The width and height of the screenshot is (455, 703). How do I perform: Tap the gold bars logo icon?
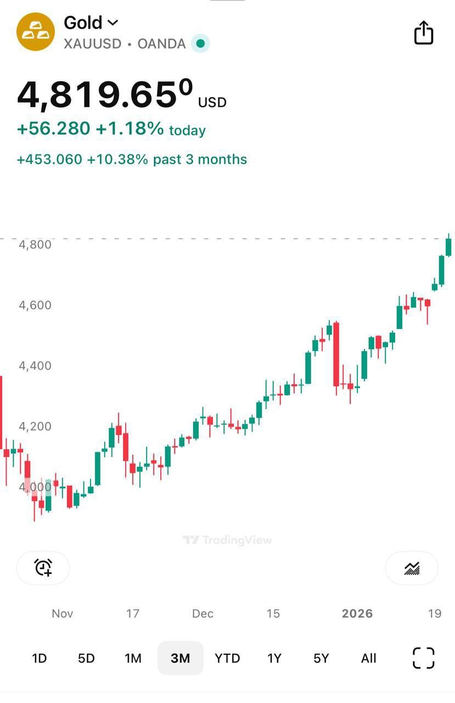point(36,32)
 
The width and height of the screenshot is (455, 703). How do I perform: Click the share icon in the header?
point(423,33)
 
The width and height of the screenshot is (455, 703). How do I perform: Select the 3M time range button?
point(180,658)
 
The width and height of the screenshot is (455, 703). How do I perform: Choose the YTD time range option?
point(227,658)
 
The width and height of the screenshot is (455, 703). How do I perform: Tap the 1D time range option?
point(39,658)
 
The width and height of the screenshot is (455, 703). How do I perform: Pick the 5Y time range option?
point(321,658)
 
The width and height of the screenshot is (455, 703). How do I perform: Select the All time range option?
point(369,658)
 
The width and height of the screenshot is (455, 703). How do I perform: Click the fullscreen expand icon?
point(423,658)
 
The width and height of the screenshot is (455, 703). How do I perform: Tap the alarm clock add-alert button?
point(43,567)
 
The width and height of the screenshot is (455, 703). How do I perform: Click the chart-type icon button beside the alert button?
point(412,568)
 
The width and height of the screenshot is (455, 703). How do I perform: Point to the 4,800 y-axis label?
point(35,244)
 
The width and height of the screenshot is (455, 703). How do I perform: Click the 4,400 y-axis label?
point(35,366)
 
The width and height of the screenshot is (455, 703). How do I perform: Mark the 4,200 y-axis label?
point(35,426)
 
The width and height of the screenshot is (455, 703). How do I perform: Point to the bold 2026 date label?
point(357,613)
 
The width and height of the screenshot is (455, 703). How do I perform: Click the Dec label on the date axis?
point(203,613)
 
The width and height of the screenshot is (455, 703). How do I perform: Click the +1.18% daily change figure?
point(130,129)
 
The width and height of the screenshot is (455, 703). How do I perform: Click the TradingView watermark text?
point(227,540)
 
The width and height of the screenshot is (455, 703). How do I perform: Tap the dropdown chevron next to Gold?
point(113,23)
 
